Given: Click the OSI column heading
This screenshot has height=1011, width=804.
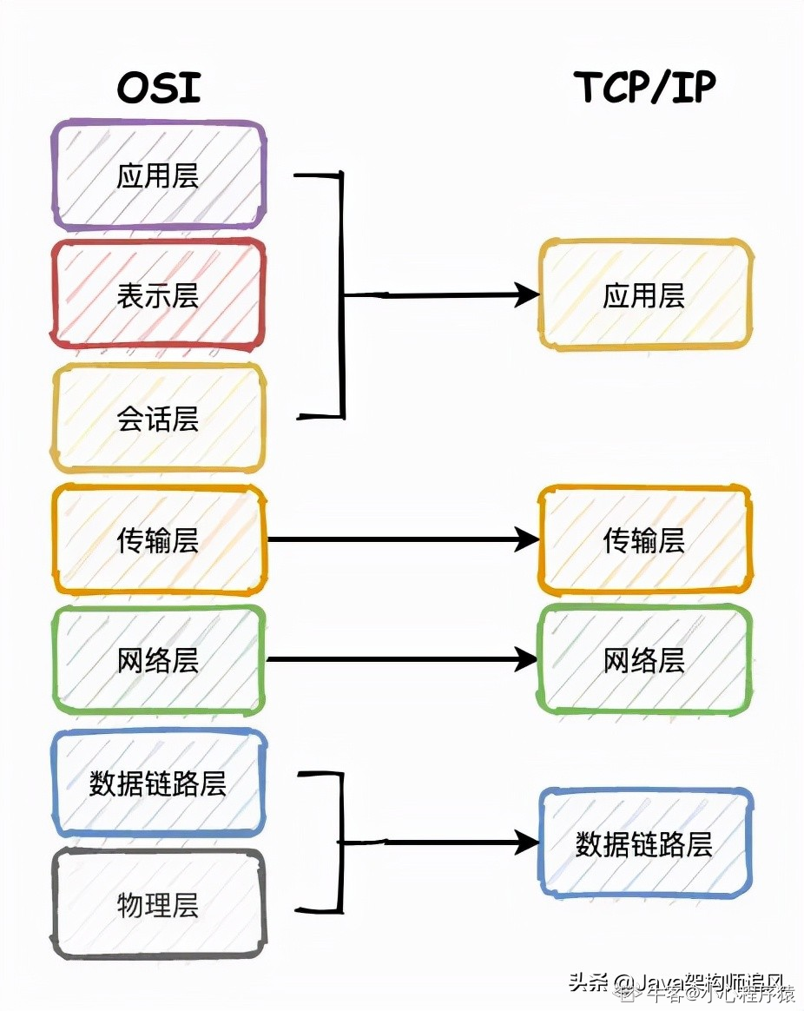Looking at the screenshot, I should tap(159, 88).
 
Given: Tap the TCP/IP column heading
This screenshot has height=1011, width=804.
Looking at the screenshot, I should tap(644, 88).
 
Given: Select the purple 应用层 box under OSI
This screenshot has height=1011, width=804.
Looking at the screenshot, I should tap(159, 175).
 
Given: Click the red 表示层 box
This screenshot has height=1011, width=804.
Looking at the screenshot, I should tap(159, 296).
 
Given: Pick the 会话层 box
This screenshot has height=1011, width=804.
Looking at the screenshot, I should tap(159, 419).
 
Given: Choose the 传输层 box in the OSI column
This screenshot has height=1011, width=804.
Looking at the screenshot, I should tap(159, 540).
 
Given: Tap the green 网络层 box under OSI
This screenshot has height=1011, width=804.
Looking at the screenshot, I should tap(159, 661).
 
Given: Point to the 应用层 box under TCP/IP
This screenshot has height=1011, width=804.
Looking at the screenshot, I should tap(644, 295).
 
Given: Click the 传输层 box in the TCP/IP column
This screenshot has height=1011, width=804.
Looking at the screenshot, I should tap(644, 540).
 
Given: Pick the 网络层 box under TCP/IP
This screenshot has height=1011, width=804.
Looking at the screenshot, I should tap(644, 661).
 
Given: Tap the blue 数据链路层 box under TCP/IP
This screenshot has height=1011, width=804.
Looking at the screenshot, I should tap(644, 842).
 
